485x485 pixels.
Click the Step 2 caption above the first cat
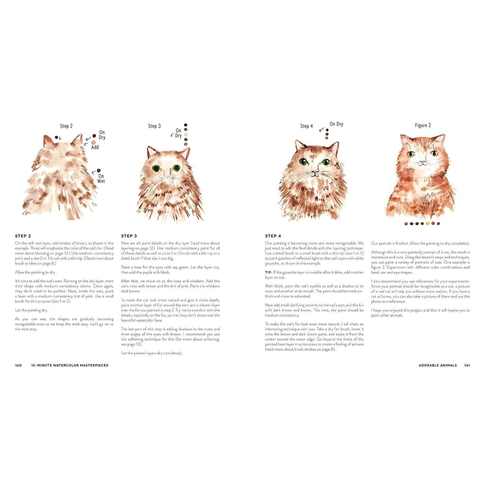[66, 126]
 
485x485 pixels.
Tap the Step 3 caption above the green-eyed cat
[154, 126]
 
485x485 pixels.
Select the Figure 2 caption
[423, 125]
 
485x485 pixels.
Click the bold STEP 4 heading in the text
[273, 236]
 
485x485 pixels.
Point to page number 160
[18, 365]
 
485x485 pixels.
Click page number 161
[467, 365]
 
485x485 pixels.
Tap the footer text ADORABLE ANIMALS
[438, 365]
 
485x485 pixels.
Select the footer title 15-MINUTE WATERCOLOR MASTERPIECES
[70, 365]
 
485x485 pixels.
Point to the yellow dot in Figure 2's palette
[427, 223]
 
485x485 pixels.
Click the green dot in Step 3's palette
[186, 130]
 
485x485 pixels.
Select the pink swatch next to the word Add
[94, 142]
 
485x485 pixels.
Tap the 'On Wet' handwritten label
[101, 179]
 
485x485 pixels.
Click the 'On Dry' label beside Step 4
[337, 124]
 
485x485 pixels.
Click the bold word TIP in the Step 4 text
[268, 272]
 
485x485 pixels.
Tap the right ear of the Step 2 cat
[77, 140]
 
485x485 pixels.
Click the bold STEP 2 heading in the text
[23, 236]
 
